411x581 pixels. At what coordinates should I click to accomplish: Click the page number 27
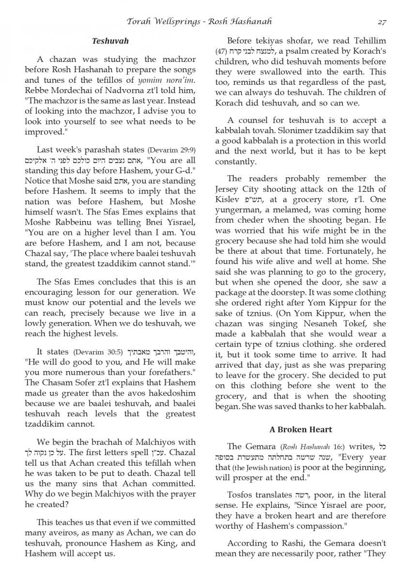pos(381,21)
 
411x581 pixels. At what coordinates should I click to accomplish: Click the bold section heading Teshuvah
pos(110,41)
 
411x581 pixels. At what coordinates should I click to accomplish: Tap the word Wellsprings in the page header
pos(178,21)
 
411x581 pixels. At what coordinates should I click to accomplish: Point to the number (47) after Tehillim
pos(221,52)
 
